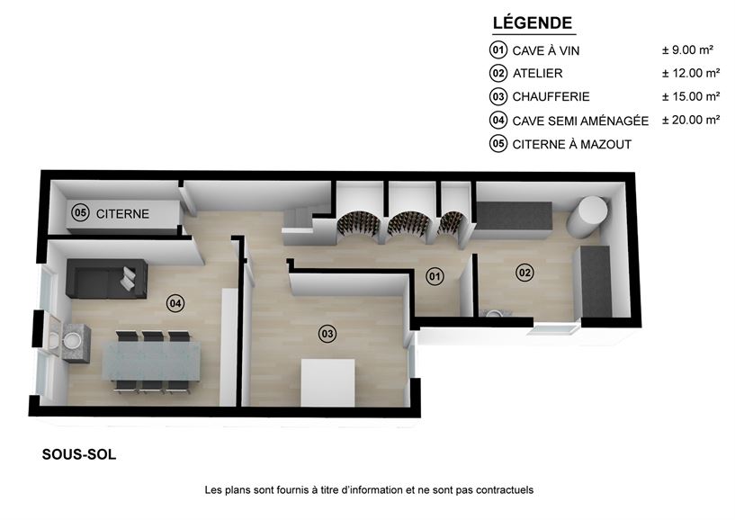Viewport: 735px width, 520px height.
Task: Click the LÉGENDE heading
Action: coord(533,22)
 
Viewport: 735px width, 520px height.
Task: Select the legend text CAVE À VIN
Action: coord(545,50)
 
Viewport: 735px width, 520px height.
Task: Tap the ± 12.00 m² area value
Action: coord(691,73)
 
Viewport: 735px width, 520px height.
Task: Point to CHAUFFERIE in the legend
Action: coord(551,96)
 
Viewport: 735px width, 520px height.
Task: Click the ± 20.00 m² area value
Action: coord(691,120)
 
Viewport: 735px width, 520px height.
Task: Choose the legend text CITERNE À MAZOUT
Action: coord(572,145)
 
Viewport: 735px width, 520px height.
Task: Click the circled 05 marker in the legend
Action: coord(498,143)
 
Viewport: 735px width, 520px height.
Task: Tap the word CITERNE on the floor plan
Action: coord(122,214)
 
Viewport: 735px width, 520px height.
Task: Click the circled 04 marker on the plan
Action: coord(175,303)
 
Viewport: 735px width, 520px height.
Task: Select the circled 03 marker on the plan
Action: coord(327,334)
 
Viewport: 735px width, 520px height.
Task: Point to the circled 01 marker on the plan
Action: coord(435,276)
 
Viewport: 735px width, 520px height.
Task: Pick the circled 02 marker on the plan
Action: coord(524,273)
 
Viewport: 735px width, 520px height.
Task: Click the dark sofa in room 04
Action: coord(107,279)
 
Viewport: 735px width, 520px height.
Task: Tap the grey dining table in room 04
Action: coord(151,360)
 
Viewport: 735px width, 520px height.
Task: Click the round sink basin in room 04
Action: coord(72,339)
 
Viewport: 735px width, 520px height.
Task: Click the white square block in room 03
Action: coord(327,382)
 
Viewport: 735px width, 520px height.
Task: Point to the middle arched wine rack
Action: coord(406,225)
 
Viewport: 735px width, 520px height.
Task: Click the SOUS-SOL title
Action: coord(79,454)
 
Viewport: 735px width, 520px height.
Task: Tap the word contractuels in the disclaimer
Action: coord(505,490)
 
